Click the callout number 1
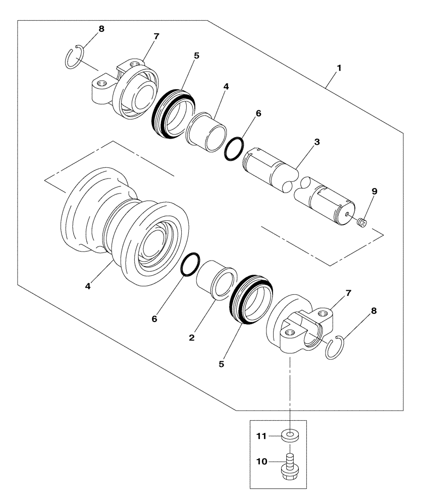point(339,68)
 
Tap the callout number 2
point(192,337)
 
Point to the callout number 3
point(316,143)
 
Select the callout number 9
point(374,192)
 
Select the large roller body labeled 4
point(126,227)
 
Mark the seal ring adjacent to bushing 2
point(251,299)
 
